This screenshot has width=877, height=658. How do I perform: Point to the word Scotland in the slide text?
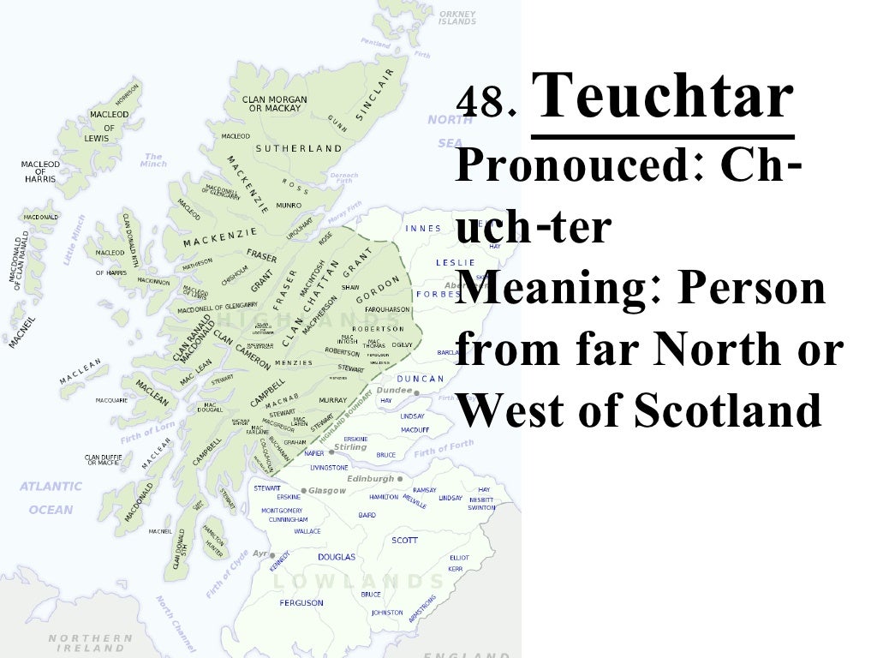[728, 411]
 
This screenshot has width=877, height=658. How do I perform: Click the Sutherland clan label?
[298, 148]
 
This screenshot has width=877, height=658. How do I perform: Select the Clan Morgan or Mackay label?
[275, 105]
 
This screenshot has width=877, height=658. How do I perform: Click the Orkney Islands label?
[457, 18]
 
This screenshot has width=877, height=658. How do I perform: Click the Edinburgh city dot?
[400, 479]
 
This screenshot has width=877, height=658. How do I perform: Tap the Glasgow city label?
[330, 491]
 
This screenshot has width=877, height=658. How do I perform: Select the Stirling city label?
[350, 447]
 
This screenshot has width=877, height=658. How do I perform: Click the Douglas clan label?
[337, 557]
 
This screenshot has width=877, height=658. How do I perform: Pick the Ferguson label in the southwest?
[301, 602]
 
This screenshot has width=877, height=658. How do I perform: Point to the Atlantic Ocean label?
[51, 498]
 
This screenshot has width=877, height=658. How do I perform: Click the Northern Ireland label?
[90, 643]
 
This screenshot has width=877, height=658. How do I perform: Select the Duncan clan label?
[421, 379]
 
